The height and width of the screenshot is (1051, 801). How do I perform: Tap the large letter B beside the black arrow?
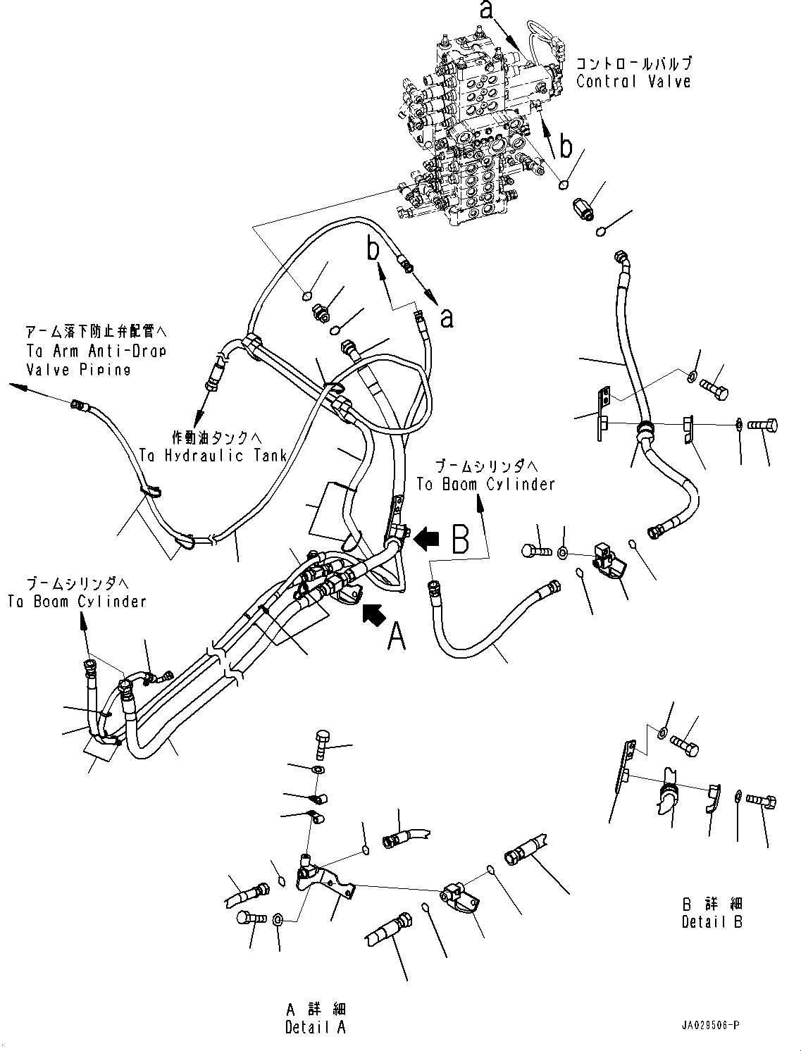tap(459, 540)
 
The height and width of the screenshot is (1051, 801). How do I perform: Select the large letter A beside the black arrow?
tap(397, 638)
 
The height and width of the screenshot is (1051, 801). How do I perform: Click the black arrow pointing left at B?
tap(427, 540)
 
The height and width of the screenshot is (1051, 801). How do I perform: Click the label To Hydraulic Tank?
tap(212, 456)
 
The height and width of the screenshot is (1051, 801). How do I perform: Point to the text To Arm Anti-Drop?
tap(95, 351)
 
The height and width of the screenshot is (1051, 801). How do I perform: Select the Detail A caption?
tap(315, 1027)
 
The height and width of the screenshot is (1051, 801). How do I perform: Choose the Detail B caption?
tap(712, 921)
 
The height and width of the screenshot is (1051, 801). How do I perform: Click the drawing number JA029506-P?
tap(709, 1026)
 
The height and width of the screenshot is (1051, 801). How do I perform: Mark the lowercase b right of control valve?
tap(566, 147)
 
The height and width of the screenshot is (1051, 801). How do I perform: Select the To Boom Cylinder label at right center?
tap(485, 484)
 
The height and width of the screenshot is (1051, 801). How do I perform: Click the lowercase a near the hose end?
tap(447, 318)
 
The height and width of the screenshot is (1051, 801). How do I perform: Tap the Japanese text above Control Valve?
tap(633, 63)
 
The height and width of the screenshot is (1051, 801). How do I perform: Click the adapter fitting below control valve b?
tap(584, 209)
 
